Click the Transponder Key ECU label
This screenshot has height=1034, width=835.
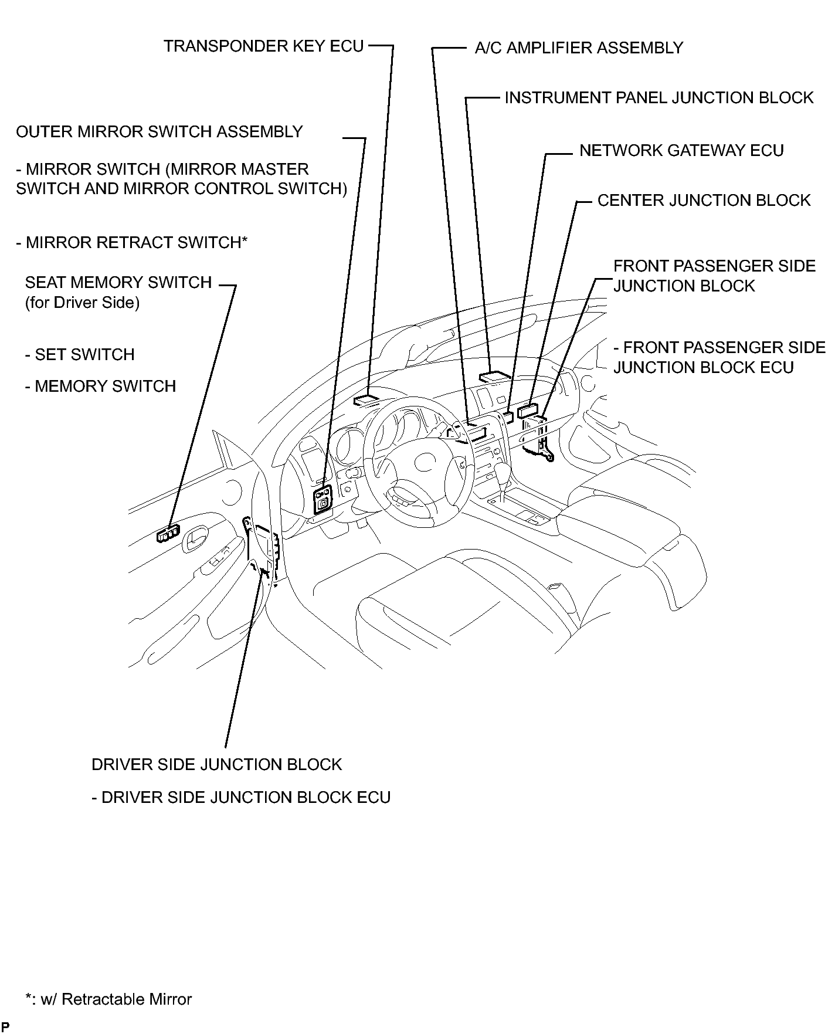pos(263,46)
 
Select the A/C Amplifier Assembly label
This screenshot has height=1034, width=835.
pos(578,48)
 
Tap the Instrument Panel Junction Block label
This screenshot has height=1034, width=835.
pos(659,98)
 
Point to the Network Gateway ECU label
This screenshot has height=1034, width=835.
pos(681,151)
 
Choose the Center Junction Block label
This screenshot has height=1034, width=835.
pos(703,201)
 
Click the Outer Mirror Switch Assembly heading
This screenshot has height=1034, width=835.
pos(159,132)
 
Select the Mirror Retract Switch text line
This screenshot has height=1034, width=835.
pos(132,243)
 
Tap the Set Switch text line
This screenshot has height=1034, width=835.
pos(80,355)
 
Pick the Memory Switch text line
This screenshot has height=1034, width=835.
pos(100,387)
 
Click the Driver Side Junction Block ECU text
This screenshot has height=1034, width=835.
pos(241,798)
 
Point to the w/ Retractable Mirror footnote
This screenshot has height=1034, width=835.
pos(108,999)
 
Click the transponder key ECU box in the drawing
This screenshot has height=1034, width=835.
pos(366,400)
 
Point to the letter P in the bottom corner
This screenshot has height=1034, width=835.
pos(5,1027)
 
